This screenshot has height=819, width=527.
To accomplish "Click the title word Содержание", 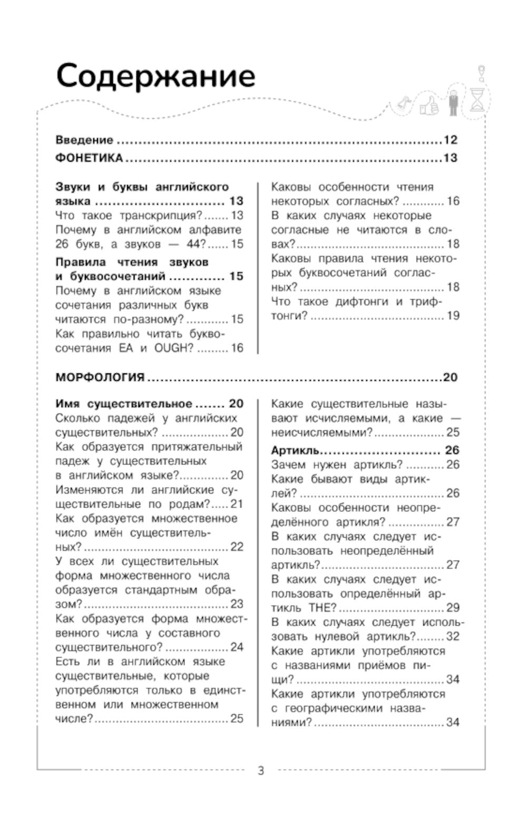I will click(x=155, y=76).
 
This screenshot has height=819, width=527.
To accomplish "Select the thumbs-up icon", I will click(x=429, y=106).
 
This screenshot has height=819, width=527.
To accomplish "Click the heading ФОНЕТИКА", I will click(x=89, y=158).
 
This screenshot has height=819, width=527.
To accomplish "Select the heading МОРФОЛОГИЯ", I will click(x=100, y=377).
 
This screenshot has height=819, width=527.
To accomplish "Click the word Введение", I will click(x=84, y=140).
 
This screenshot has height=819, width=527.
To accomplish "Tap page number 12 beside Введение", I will click(x=451, y=140).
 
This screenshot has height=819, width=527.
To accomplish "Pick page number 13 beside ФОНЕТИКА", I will click(x=451, y=158).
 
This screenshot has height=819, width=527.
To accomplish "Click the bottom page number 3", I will click(x=261, y=771).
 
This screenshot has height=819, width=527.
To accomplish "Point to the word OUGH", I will click(x=174, y=348).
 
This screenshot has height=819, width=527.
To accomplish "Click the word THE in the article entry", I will click(x=322, y=608).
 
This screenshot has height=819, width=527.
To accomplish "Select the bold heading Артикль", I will click(x=295, y=450).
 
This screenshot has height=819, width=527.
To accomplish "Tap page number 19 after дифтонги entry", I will click(x=453, y=315).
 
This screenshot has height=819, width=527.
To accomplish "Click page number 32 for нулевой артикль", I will click(x=453, y=636).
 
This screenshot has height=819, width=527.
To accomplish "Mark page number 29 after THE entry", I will click(x=453, y=608).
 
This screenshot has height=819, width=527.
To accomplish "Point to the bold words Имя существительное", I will click(x=123, y=404).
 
